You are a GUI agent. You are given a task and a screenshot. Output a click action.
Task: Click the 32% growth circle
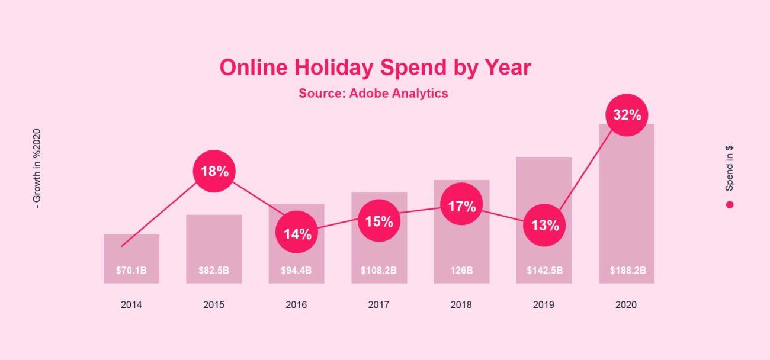point(627,115)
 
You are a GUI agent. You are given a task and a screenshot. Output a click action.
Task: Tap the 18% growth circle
point(214,171)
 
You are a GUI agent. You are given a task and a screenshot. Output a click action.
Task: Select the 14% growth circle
point(297,232)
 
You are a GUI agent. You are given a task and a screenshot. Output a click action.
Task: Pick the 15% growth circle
point(379,221)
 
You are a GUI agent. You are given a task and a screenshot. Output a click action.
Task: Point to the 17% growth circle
point(461,204)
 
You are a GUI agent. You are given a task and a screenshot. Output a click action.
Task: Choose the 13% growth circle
point(544,226)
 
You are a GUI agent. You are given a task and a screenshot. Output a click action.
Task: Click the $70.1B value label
point(131,271)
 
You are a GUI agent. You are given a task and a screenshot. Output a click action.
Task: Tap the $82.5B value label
point(214,271)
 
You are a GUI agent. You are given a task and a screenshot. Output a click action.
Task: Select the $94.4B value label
point(296,271)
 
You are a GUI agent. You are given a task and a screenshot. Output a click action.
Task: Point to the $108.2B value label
point(379,271)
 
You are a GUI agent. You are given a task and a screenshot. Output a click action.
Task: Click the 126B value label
point(461,271)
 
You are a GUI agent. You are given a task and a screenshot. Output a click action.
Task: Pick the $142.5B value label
point(545,271)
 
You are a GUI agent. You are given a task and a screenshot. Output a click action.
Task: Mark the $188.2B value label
point(628,271)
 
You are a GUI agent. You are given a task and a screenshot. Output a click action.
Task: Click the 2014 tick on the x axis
point(131,305)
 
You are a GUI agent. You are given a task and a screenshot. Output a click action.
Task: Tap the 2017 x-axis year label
point(379,305)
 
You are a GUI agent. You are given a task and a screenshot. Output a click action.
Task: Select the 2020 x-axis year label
point(626,305)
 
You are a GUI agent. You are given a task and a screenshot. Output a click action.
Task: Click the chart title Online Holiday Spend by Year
point(376,67)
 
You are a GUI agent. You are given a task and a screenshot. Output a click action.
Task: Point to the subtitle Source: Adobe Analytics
point(373,94)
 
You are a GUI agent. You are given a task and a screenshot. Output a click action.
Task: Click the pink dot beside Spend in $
point(730,205)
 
